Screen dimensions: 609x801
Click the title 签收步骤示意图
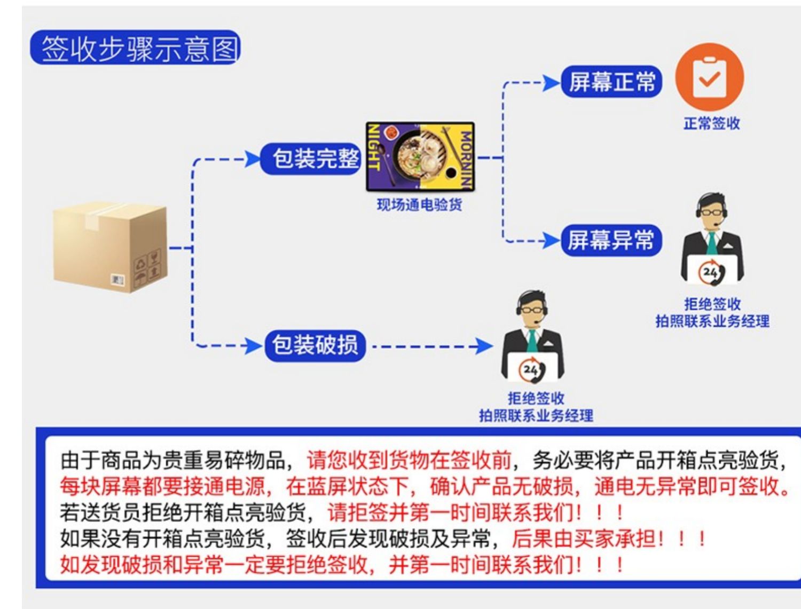click(x=136, y=48)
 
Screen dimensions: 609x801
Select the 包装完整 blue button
click(x=312, y=159)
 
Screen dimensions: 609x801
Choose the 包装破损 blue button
click(x=315, y=345)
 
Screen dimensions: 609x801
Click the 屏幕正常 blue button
click(x=612, y=82)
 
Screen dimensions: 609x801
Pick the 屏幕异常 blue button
click(x=611, y=240)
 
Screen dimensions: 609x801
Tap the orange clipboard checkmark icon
click(x=710, y=78)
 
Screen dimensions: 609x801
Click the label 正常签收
click(x=712, y=123)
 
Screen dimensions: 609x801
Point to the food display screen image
click(x=420, y=156)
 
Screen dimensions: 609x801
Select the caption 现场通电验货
click(x=419, y=204)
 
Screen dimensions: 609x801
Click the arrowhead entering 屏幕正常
click(x=551, y=83)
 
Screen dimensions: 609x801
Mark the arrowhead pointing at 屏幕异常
click(x=551, y=240)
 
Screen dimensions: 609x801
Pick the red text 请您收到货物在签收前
click(x=409, y=460)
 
